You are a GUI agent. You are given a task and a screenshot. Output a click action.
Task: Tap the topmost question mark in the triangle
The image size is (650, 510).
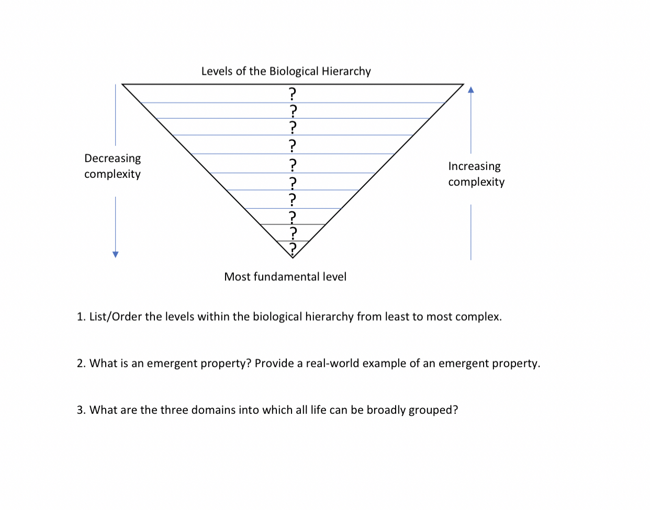pyautogui.click(x=293, y=94)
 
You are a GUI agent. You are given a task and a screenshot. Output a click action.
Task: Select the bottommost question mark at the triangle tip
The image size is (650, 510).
pyautogui.click(x=293, y=247)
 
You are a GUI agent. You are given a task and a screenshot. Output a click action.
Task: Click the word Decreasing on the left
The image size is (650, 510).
pyautogui.click(x=113, y=158)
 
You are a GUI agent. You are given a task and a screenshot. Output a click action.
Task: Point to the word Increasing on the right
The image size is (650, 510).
pyautogui.click(x=474, y=166)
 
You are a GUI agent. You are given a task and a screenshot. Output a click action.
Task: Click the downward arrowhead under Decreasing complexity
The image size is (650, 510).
pyautogui.click(x=116, y=254)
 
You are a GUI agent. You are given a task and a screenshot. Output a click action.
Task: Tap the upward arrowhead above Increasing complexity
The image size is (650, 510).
pyautogui.click(x=470, y=89)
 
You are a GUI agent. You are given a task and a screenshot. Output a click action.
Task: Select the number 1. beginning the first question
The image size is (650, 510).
pyautogui.click(x=81, y=316)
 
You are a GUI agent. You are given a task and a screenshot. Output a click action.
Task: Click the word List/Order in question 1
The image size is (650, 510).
pyautogui.click(x=115, y=317)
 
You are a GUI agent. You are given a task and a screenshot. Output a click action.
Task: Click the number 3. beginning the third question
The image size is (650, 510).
pyautogui.click(x=81, y=410)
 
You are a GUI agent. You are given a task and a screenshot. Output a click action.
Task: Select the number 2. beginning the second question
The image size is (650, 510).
pyautogui.click(x=81, y=364)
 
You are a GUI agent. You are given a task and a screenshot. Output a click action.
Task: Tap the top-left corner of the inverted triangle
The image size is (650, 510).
pyautogui.click(x=122, y=84)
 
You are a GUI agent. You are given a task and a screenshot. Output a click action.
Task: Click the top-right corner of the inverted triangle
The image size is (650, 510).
pyautogui.click(x=464, y=84)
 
